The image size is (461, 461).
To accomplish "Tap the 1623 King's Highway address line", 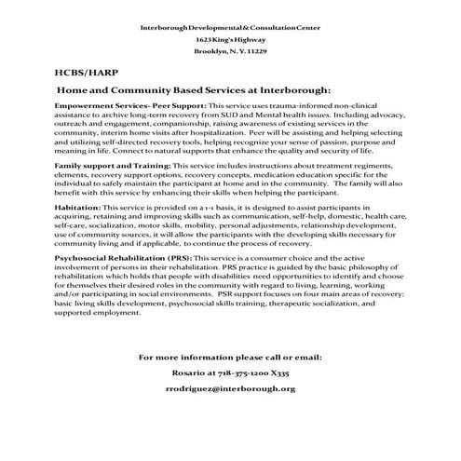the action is (x=228, y=39).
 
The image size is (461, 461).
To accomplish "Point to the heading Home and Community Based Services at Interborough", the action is (x=194, y=89).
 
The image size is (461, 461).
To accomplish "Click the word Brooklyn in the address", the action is (x=211, y=51).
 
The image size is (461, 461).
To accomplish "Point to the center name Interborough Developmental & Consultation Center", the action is (x=229, y=27).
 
